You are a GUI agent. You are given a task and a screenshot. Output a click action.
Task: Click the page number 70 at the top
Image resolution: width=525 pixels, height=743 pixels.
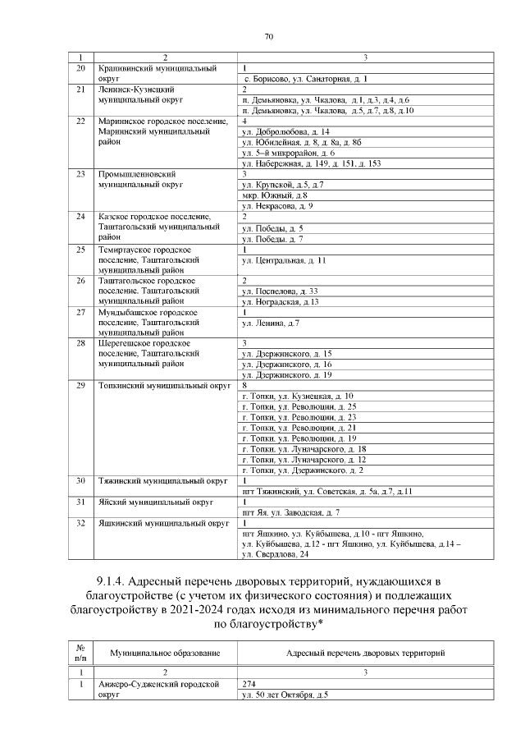point(267,35)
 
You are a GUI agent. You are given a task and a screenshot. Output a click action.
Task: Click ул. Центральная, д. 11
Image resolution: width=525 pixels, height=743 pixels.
point(284,259)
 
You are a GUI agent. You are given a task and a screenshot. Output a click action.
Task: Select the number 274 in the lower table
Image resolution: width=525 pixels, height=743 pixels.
point(250,684)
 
